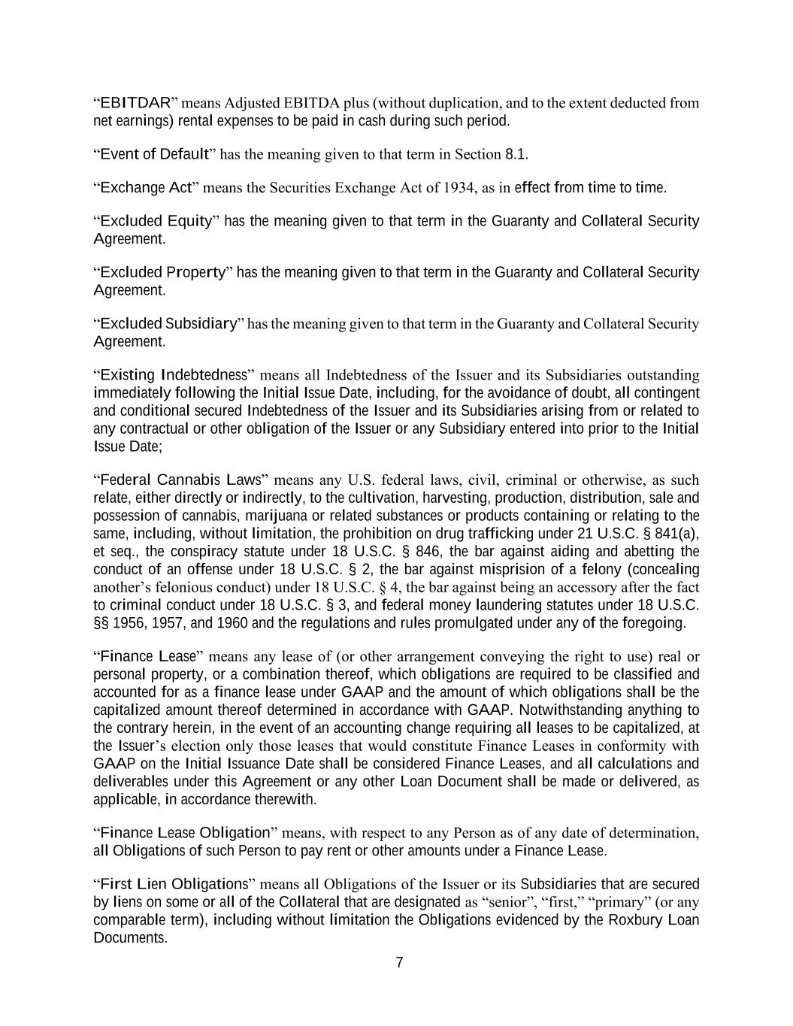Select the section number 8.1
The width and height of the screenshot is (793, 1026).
515,155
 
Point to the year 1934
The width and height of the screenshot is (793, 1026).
459,188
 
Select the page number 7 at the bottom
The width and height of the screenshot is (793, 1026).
399,963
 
